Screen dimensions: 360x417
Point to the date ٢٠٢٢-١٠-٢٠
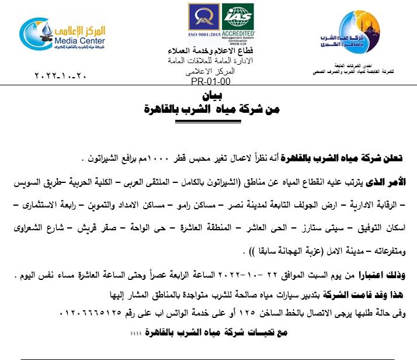click(x=62, y=76)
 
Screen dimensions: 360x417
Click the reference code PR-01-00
click(x=210, y=81)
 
